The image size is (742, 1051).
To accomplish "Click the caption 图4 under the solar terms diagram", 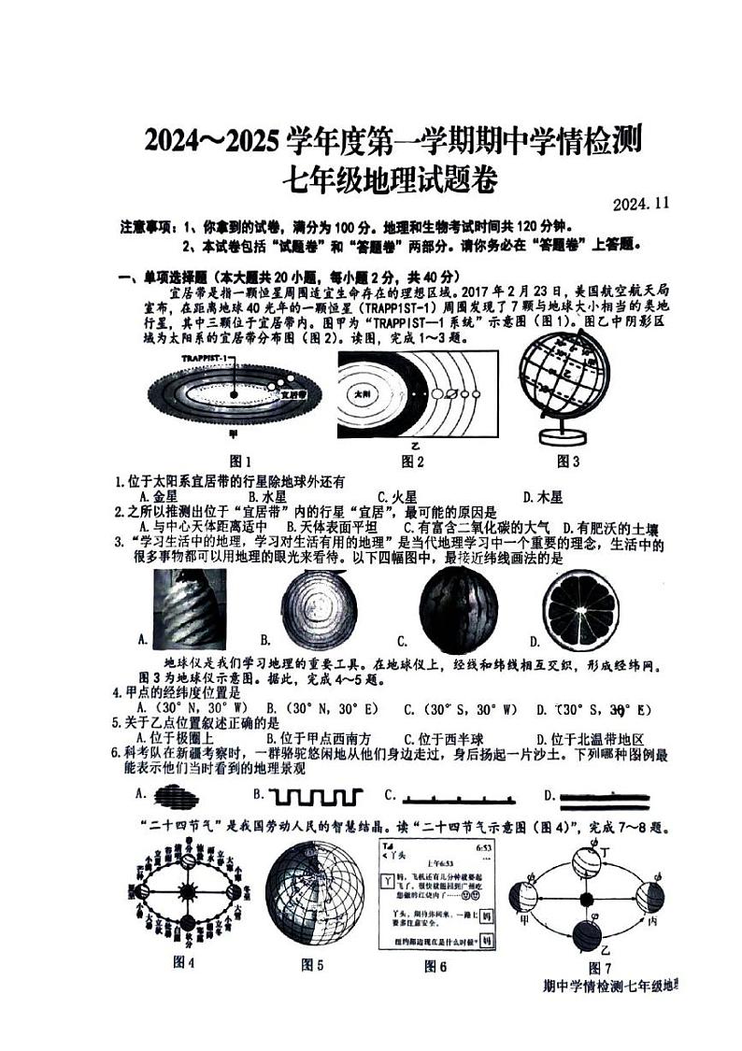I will pos(184,963).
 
